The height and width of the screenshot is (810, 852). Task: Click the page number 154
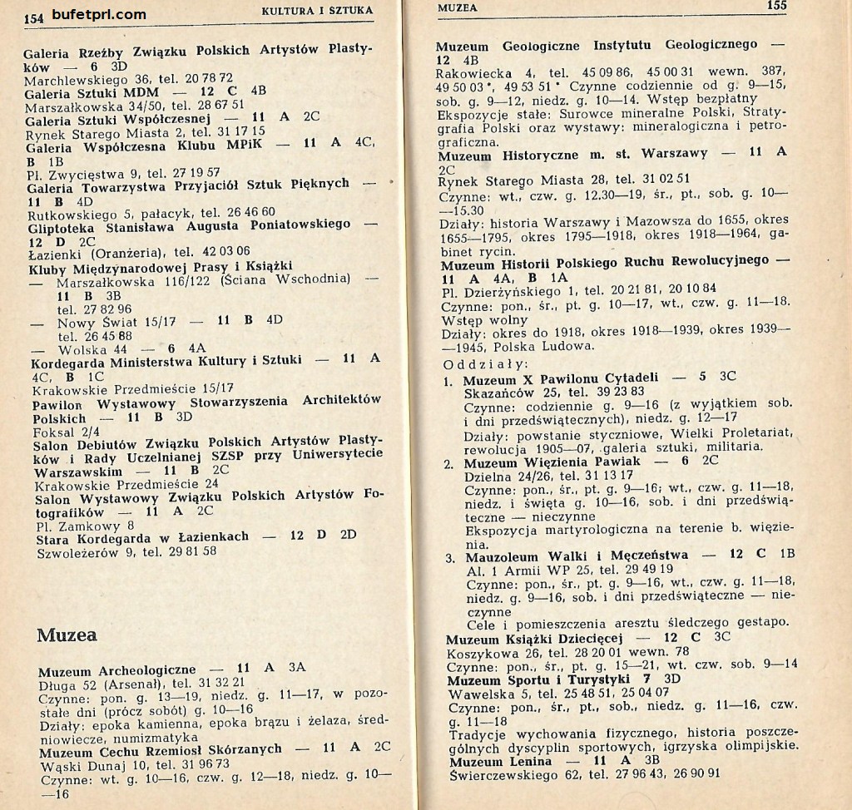(x=33, y=17)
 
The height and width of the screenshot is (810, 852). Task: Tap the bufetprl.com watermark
(x=98, y=14)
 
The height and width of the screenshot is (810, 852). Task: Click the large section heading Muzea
(x=67, y=635)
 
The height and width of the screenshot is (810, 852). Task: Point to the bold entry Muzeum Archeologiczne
(x=117, y=669)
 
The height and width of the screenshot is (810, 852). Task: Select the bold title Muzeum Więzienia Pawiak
(x=552, y=462)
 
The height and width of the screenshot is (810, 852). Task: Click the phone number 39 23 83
(x=615, y=392)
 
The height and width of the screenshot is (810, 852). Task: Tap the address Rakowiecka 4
(x=484, y=73)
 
